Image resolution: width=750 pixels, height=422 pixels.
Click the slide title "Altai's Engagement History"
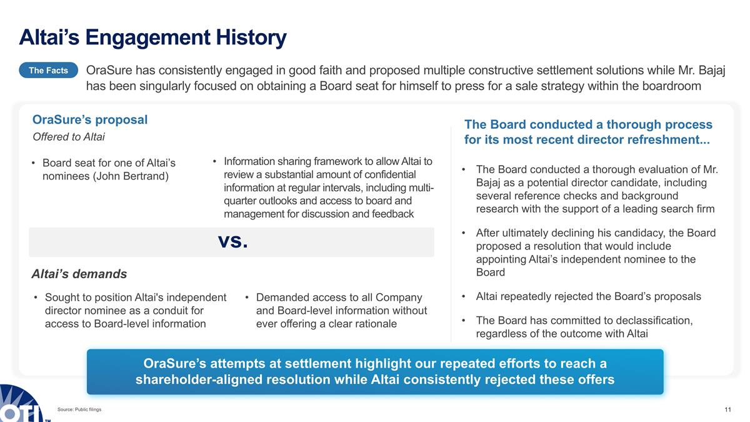tap(152, 38)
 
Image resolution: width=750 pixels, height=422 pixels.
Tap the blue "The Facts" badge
tap(48, 71)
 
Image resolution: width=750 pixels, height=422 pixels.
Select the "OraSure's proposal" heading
tap(90, 119)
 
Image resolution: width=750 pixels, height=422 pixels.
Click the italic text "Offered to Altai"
tap(68, 137)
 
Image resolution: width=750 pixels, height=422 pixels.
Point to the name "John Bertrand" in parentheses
tap(131, 176)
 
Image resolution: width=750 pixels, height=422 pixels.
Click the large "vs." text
tap(232, 241)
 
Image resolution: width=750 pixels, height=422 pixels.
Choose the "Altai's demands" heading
tap(79, 274)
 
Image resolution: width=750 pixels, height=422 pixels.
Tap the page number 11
tap(727, 409)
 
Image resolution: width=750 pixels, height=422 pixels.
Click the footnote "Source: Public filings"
tap(79, 409)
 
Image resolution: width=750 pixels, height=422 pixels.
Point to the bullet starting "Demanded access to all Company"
tap(341, 311)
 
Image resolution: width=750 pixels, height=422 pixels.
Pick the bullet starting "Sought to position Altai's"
tap(135, 311)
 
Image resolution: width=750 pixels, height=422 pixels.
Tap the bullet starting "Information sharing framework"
tap(327, 188)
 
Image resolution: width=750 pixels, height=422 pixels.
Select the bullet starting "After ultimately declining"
tap(595, 253)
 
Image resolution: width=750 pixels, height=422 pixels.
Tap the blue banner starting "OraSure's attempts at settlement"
tap(375, 372)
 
